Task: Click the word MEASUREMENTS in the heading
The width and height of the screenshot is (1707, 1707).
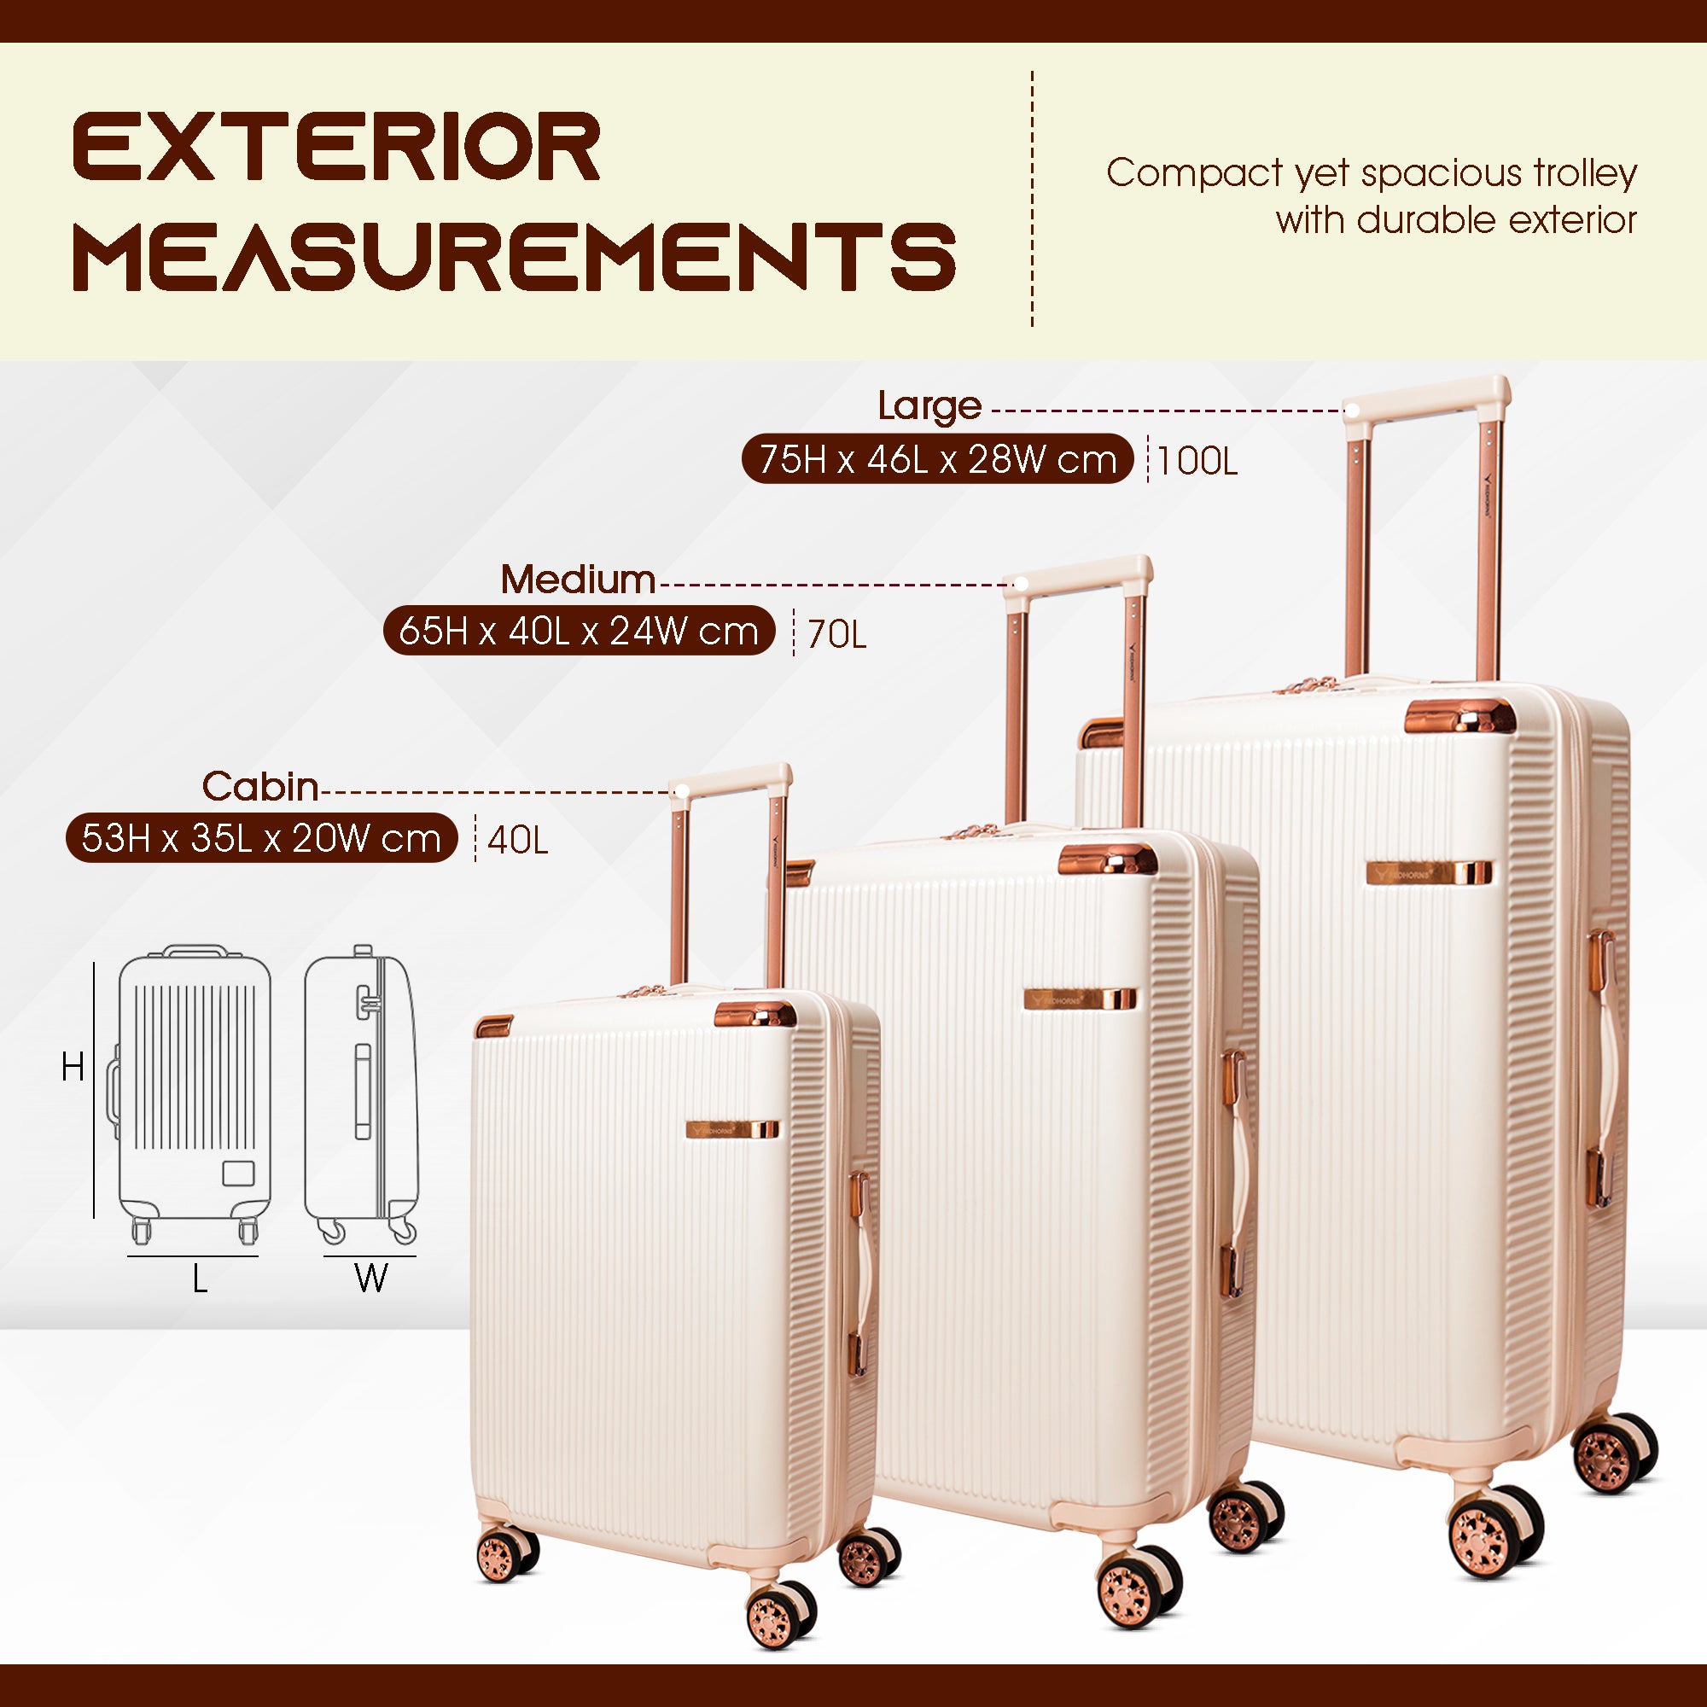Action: [514, 256]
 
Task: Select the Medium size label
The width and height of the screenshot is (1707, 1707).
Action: [578, 580]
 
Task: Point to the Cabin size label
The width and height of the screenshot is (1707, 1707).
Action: [259, 786]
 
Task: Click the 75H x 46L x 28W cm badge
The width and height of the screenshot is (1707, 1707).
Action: [937, 458]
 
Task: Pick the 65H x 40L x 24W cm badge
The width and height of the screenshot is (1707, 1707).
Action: [579, 631]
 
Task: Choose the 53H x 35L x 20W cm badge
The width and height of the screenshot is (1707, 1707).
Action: [261, 837]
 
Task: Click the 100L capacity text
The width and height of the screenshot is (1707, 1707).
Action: [1197, 461]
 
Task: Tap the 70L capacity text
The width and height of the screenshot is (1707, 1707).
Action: [836, 634]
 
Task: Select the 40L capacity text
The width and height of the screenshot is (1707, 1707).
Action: [518, 840]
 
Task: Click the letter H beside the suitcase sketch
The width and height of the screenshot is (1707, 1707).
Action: [73, 1068]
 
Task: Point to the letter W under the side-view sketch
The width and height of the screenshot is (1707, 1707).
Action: [371, 1278]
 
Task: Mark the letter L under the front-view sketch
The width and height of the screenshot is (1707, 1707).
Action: [200, 1278]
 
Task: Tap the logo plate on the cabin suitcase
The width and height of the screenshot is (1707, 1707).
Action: [732, 1129]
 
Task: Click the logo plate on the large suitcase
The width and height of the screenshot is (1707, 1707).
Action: [1430, 873]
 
